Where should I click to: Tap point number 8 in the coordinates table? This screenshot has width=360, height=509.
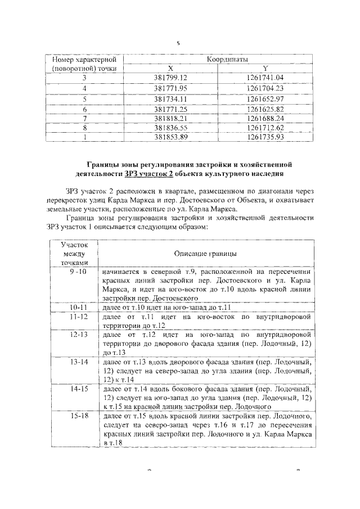tap(84, 129)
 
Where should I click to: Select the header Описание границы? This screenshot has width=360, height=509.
tap(205, 254)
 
